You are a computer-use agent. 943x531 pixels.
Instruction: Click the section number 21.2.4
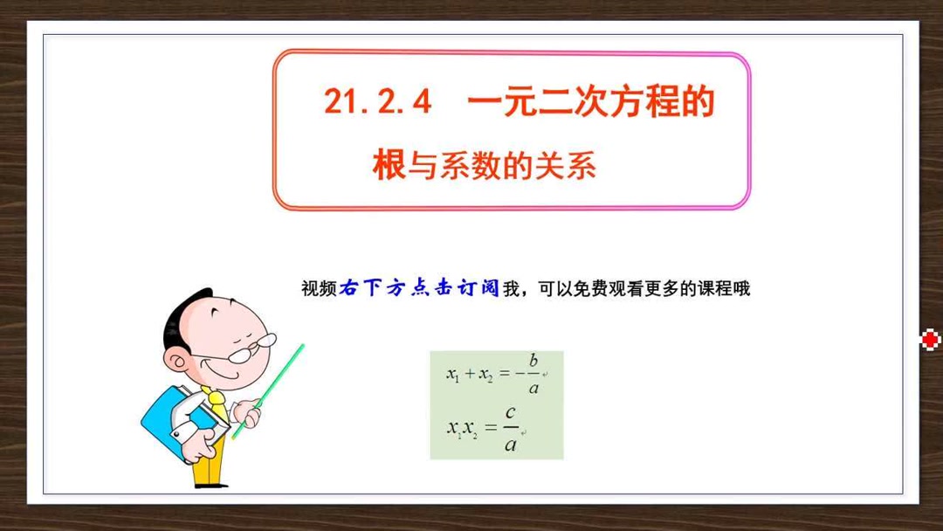click(378, 103)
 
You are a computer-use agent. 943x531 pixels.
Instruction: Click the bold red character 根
click(389, 164)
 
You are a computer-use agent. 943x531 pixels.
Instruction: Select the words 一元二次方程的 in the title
click(591, 103)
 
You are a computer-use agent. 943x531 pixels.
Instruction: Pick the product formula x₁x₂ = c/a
click(485, 427)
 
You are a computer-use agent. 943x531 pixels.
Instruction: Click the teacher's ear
click(180, 361)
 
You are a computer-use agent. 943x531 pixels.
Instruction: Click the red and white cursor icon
click(931, 339)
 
